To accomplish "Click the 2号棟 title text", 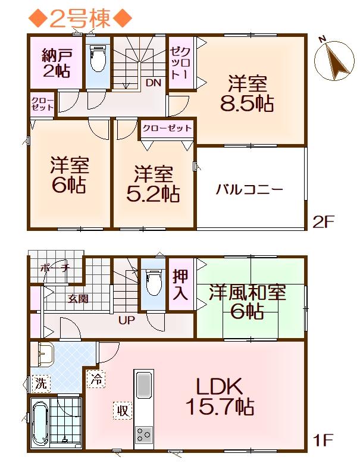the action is click(x=80, y=18).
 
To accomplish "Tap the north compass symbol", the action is click(x=333, y=60).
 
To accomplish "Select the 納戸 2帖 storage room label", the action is click(x=57, y=64).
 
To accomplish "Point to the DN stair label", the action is click(x=153, y=83).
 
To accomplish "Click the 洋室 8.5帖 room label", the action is click(x=247, y=93).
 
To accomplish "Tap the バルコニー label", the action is click(x=249, y=190).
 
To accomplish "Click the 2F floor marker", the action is click(x=323, y=221).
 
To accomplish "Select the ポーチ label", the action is click(x=55, y=268).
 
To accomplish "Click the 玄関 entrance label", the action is click(x=78, y=298).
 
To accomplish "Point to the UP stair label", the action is click(x=126, y=320).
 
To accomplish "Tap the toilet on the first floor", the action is click(x=153, y=282).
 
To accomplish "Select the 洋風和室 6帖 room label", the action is click(x=248, y=302).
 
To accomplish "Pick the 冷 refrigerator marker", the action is click(x=96, y=379).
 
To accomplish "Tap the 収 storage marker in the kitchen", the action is click(x=123, y=411).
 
